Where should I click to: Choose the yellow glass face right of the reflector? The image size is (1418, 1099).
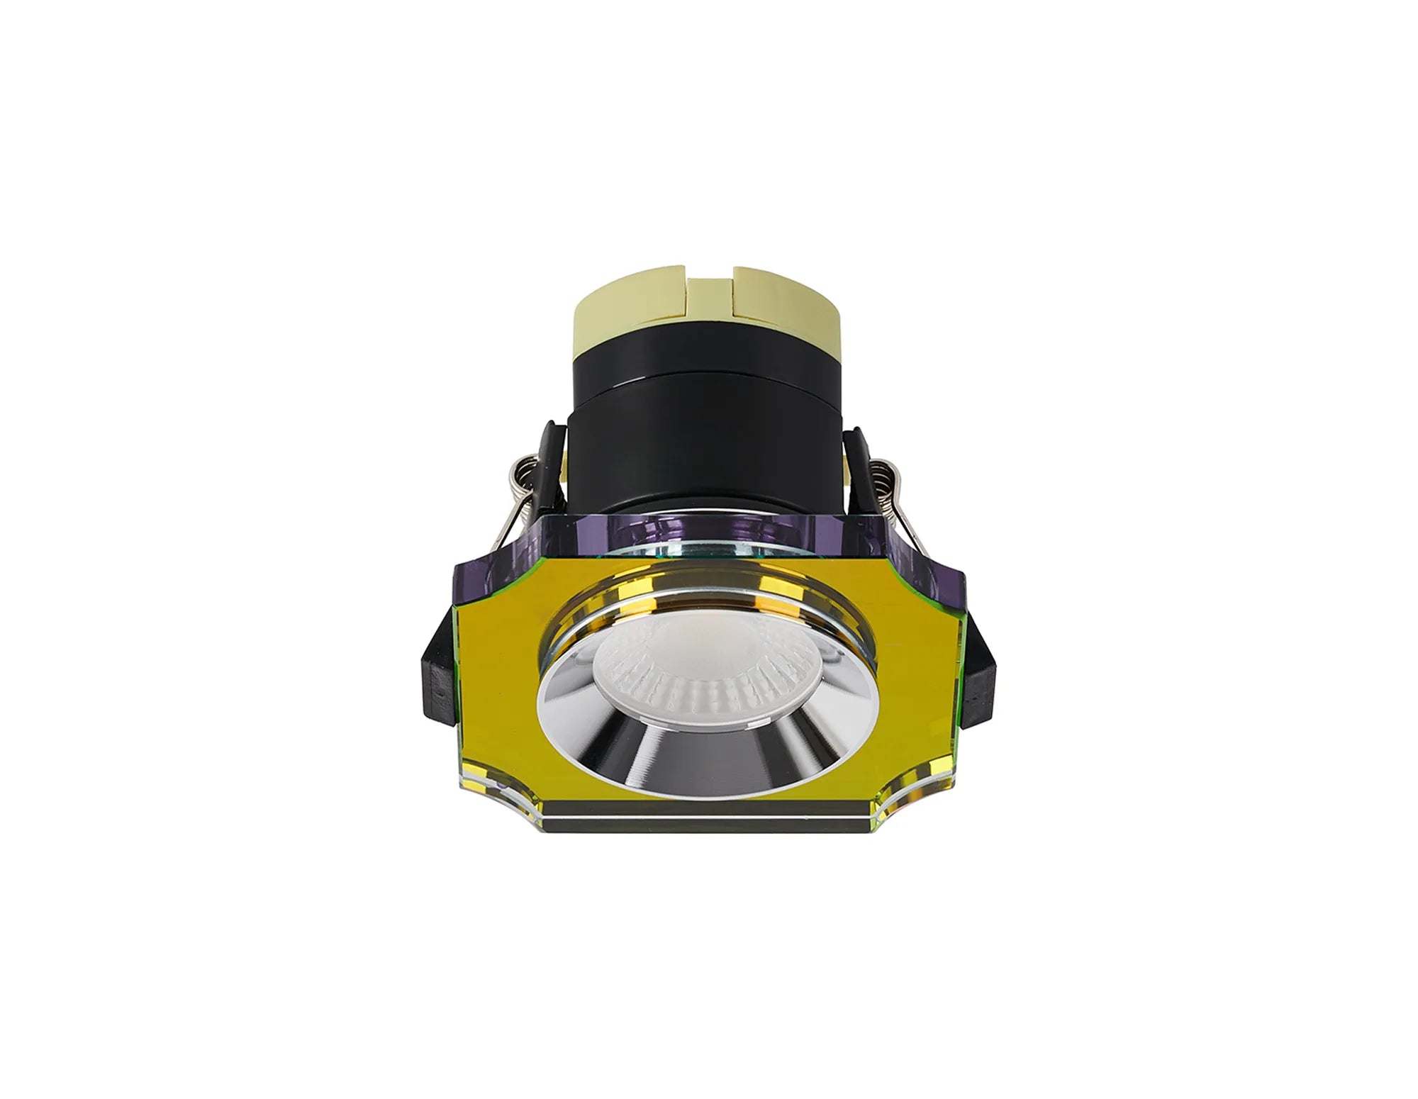pyautogui.click(x=915, y=681)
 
